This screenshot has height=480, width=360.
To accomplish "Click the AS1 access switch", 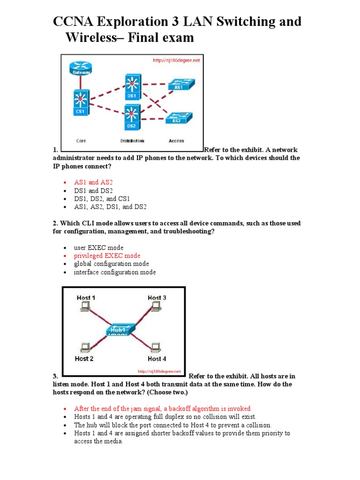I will point(179,85).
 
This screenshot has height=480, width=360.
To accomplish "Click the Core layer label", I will point(81,141).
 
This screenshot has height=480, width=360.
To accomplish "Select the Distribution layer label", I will point(132,141).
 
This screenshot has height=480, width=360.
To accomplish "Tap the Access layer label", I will point(176,141).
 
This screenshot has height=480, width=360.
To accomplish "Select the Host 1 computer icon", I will point(85,307).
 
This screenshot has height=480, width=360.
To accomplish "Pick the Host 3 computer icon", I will point(157,307).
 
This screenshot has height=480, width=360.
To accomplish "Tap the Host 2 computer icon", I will point(85,348).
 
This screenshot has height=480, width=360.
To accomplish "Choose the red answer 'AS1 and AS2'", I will point(93,182).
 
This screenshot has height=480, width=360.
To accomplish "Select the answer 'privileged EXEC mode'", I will point(107,255).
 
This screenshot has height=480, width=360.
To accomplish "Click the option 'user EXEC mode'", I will point(98,247).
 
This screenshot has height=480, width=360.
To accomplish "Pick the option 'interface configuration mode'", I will point(115,272).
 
